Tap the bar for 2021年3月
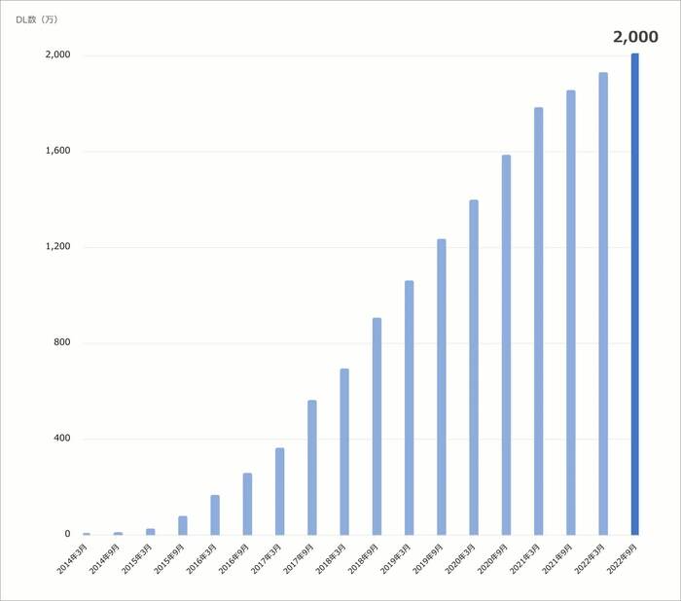coord(539,321)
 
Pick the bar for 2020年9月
coord(506,344)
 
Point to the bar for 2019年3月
coord(410,407)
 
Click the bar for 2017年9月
coord(312,467)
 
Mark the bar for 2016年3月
coord(215,514)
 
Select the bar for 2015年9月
coord(183,525)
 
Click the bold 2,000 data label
coord(635,37)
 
